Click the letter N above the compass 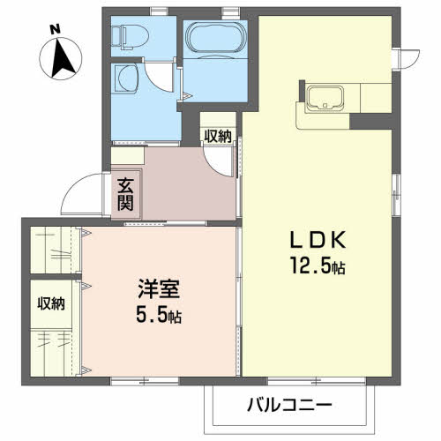[x=55, y=29]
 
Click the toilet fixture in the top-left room [x=131, y=37]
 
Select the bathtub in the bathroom [x=215, y=38]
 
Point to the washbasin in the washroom [x=127, y=78]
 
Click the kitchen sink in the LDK [x=325, y=97]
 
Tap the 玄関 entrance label [x=125, y=194]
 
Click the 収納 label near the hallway [x=218, y=137]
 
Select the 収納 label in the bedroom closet [x=51, y=303]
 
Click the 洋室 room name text [x=159, y=288]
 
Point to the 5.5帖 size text [x=159, y=314]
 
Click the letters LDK [x=318, y=240]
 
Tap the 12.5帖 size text [x=318, y=265]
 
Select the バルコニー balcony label [x=289, y=405]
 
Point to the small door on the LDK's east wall [x=407, y=59]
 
